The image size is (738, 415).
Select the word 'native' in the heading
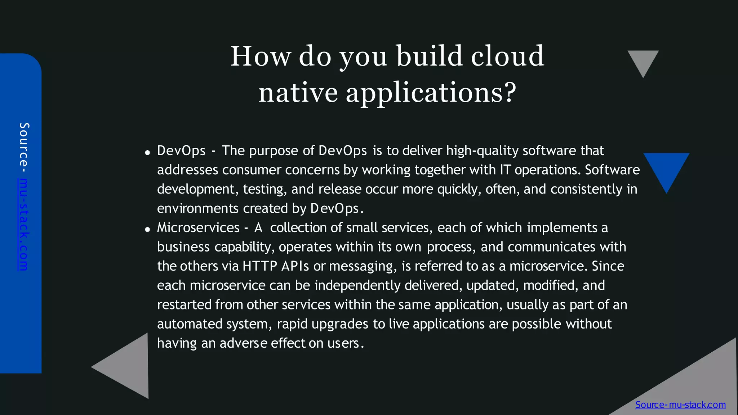coord(298,93)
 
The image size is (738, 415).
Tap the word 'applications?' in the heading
coord(431,93)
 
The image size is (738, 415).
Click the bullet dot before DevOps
coord(147,152)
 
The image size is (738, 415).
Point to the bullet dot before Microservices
coord(147,229)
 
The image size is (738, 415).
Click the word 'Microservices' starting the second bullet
coord(198,228)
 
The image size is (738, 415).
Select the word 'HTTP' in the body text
coord(260,266)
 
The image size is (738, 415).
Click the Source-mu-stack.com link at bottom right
coord(680,405)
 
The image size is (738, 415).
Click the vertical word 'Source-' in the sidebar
coord(24,148)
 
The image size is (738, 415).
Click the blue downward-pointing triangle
coord(666,169)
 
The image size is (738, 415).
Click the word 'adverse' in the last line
coord(243,343)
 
